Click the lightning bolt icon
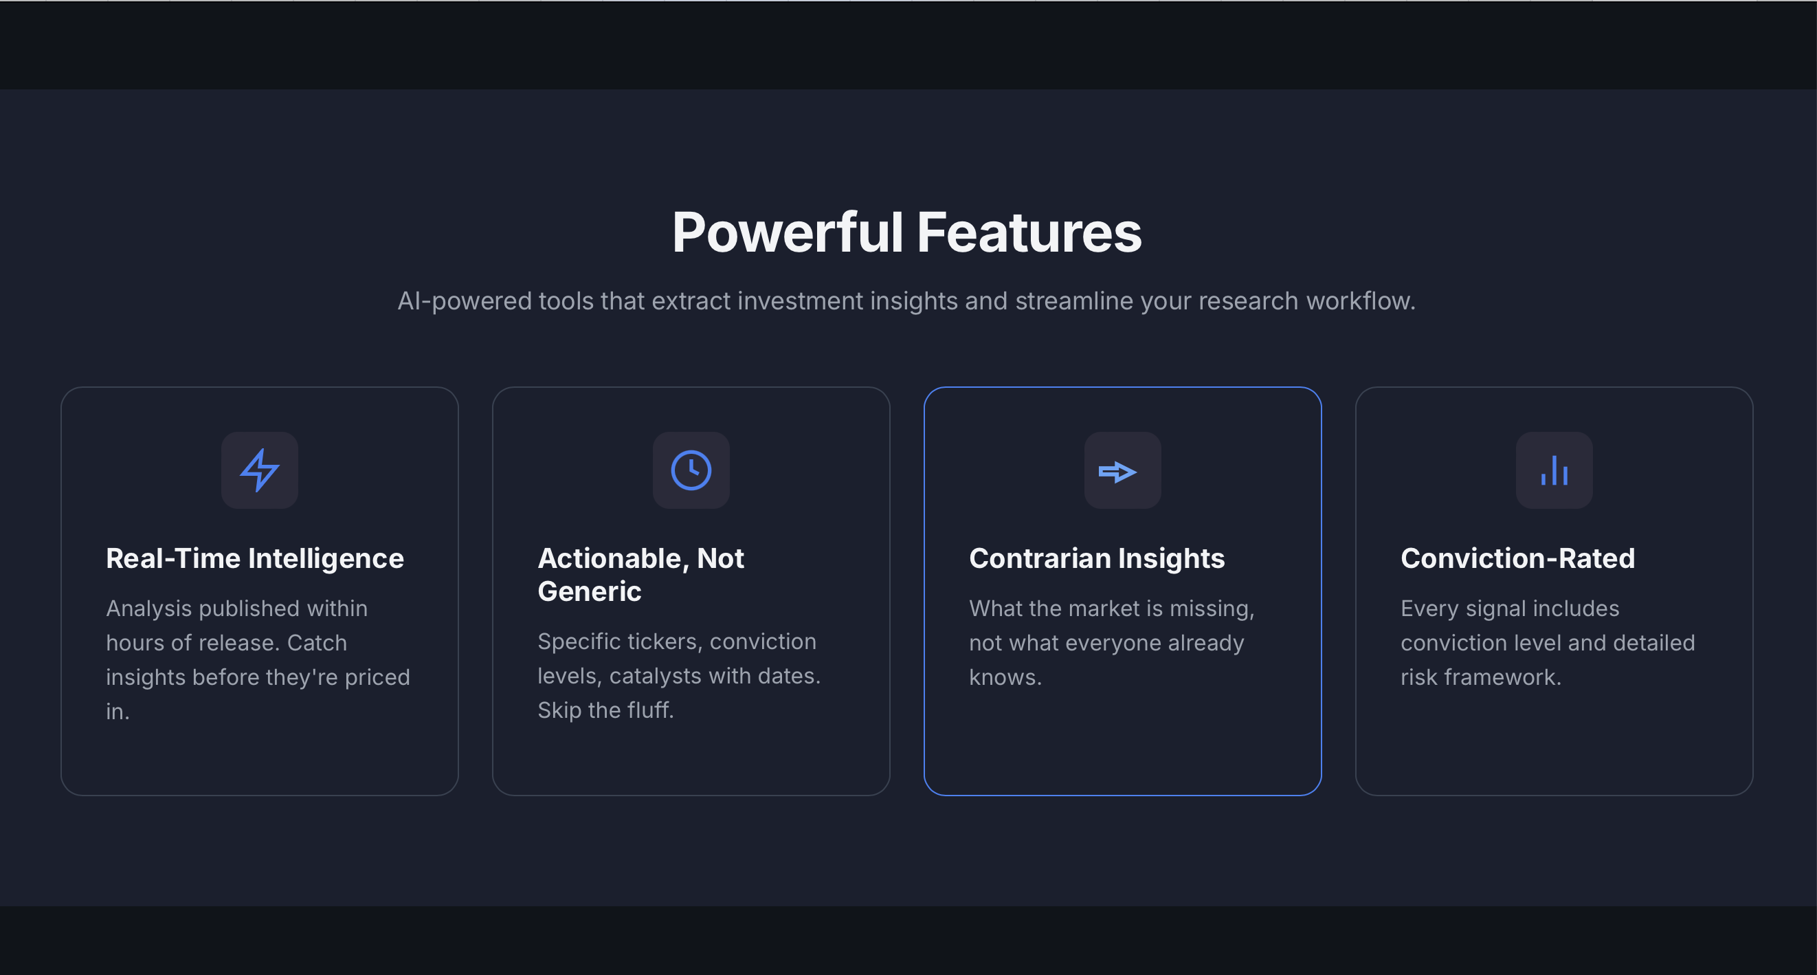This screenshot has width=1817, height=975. tap(260, 470)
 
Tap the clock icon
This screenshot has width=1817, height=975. tap(691, 470)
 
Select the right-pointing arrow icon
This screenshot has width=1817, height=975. tap(1118, 471)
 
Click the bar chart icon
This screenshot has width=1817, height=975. tap(1554, 470)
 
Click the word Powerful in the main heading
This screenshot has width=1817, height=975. tap(787, 233)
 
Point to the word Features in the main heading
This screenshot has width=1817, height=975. tap(1029, 233)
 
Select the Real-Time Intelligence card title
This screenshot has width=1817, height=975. tap(255, 558)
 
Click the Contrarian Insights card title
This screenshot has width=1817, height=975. tap(1097, 558)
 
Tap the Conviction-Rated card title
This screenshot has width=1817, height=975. tap(1517, 558)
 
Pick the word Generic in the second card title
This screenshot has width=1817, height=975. tap(589, 591)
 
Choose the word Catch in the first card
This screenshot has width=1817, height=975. tap(317, 643)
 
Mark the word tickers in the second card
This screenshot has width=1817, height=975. tap(662, 642)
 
